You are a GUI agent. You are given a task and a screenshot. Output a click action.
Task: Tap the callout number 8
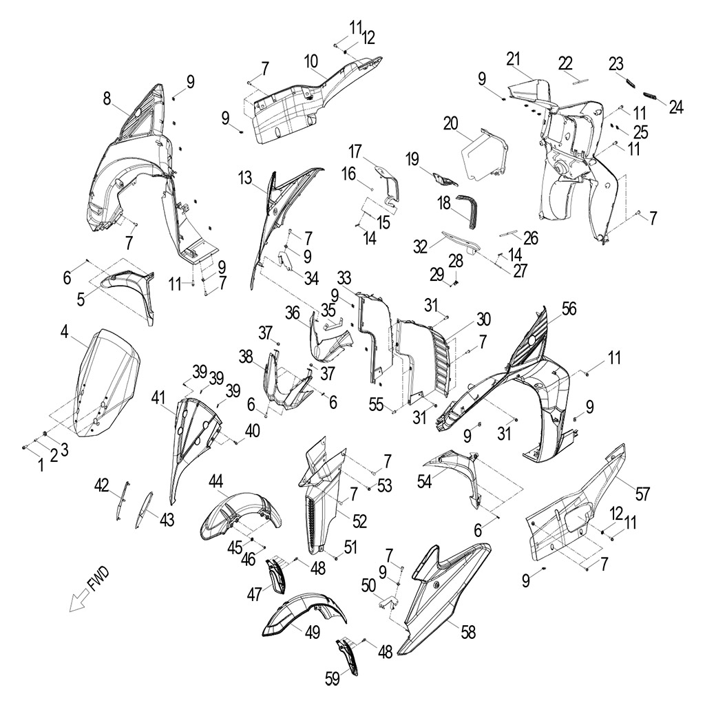coord(107,99)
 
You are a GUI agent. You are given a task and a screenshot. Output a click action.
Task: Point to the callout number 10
coord(311,61)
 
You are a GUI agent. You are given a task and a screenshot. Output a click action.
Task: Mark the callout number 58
coord(468,632)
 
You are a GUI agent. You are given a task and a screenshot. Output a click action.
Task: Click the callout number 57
coord(642,493)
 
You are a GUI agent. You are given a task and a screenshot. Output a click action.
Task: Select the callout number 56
coord(569,310)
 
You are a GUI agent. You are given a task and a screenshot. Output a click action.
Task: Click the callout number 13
coord(245,179)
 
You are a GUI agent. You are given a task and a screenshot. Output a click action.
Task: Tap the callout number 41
coord(159,397)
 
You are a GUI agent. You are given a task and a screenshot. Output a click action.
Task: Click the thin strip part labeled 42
coord(121,500)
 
